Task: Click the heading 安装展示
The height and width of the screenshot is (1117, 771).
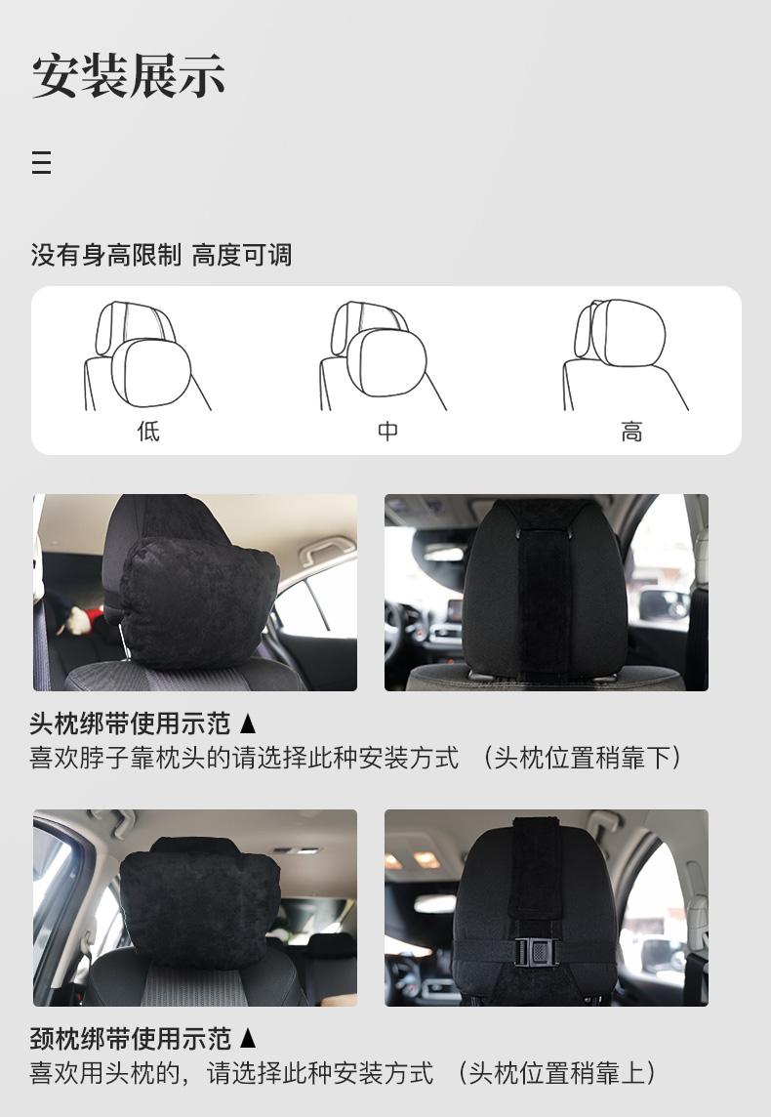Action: point(129,75)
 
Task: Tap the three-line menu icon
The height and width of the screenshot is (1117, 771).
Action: point(41,162)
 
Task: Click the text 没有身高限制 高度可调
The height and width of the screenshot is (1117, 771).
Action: point(161,254)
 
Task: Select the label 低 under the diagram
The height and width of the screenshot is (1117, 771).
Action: point(148,431)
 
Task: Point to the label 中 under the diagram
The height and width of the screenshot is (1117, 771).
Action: point(387,431)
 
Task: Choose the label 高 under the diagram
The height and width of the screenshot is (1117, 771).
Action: point(631,432)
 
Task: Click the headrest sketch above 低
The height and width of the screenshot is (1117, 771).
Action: point(146,355)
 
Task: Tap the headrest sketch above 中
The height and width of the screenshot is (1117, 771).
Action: point(383,355)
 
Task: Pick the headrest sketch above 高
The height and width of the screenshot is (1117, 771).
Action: point(625,354)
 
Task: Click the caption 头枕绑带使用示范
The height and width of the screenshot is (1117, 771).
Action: point(130,724)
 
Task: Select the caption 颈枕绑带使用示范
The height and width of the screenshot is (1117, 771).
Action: point(130,1039)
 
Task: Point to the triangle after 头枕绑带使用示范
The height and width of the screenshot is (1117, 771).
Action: point(248,724)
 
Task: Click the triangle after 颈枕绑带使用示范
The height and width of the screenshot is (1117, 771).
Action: point(248,1039)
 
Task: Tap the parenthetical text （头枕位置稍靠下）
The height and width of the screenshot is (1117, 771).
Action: point(583,758)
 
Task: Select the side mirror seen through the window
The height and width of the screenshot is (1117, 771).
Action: point(664,603)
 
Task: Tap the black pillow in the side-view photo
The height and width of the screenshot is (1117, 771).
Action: point(199,602)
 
